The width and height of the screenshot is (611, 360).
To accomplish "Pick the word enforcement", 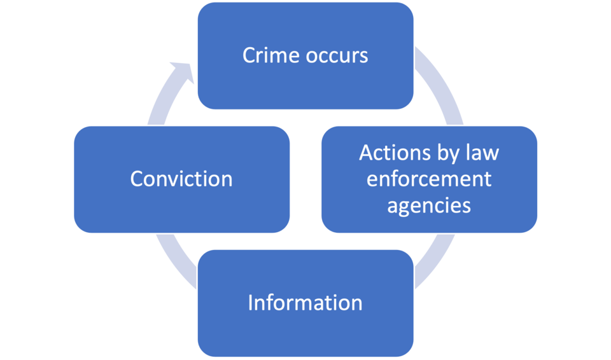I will pos(430,179).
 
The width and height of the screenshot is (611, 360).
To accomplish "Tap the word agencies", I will pos(430,206).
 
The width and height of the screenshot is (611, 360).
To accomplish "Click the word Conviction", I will pos(181,179).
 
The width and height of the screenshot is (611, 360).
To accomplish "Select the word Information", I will pos(305,302).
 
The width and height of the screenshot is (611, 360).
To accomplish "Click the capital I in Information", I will pos(250,302).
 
